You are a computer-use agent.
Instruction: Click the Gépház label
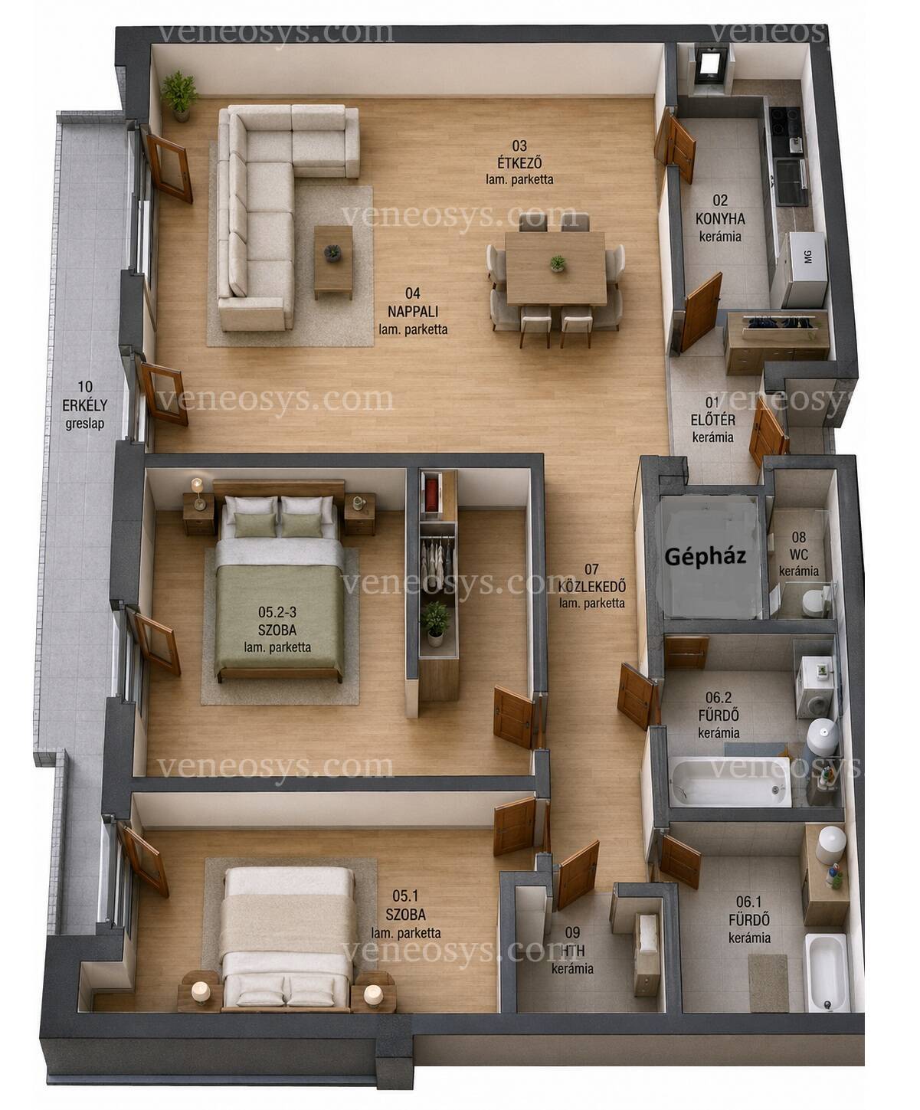pos(706,557)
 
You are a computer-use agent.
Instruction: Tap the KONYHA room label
pos(720,218)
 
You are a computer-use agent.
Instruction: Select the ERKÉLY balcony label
pos(84,405)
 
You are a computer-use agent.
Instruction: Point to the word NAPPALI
pos(413,311)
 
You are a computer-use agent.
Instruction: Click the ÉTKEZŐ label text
pos(519,162)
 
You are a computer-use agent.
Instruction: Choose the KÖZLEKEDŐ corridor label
pos(592,586)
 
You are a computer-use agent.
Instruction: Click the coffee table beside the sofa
pos(333,262)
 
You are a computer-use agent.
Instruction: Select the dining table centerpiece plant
pos(558,264)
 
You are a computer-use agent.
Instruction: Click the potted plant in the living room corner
pos(179,96)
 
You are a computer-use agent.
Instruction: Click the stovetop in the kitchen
pos(785,122)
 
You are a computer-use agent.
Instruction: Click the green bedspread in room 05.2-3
pos(278,619)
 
